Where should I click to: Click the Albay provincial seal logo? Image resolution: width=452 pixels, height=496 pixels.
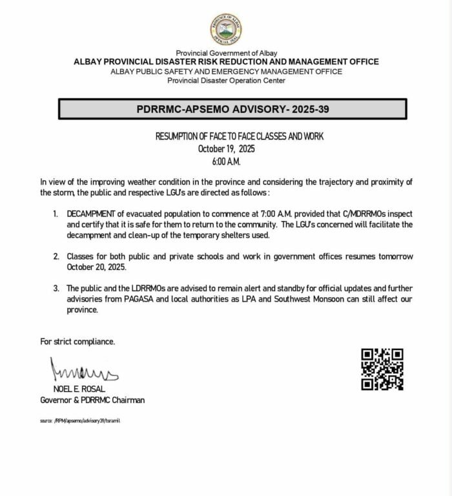tap(226, 29)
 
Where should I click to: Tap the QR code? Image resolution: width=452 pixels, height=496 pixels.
tap(382, 369)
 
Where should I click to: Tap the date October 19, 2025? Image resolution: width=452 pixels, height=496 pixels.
tap(226, 149)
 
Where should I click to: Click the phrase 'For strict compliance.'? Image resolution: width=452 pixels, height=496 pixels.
tap(77, 341)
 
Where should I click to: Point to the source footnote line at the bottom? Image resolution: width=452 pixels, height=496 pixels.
tap(80, 420)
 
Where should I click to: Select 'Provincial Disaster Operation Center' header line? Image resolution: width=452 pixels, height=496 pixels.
tap(226, 80)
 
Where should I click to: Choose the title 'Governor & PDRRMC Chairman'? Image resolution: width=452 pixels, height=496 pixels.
tap(92, 400)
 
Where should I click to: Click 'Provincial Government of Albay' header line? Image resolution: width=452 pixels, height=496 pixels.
tap(226, 52)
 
